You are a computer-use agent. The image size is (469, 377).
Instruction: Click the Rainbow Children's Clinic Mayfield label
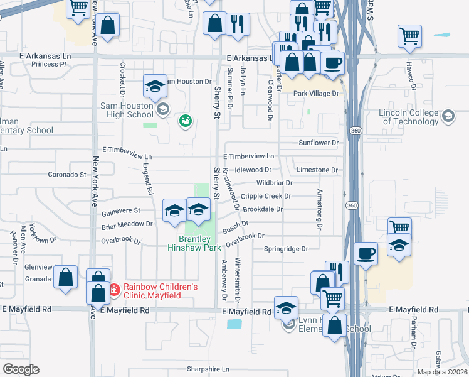161,291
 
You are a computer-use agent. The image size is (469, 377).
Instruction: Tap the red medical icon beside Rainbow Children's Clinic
114,290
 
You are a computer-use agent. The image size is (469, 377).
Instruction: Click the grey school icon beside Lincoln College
448,116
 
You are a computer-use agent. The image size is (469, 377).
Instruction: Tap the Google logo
21,369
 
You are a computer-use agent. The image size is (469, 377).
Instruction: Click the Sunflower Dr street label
318,143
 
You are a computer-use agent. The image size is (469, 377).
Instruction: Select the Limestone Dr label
317,170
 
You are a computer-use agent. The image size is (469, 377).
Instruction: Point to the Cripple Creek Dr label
266,196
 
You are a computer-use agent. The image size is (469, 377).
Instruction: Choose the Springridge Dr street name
285,249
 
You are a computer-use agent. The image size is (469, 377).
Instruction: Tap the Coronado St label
68,174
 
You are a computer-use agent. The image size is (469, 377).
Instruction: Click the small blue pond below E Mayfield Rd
234,324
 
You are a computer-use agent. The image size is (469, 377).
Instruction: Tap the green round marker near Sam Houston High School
184,120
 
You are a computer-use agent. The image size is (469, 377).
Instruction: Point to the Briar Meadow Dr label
127,223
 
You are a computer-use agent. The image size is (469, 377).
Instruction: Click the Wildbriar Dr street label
274,183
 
